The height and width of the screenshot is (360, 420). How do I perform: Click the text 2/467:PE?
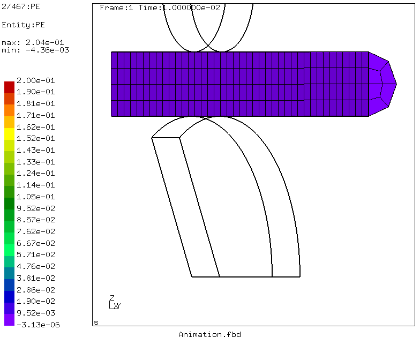point(21,6)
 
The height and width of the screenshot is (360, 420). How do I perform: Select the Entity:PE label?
point(24,25)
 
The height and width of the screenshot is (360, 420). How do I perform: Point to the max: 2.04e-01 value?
point(33,42)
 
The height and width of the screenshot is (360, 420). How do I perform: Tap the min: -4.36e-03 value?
point(35,50)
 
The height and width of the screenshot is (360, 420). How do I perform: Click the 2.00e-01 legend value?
point(35,80)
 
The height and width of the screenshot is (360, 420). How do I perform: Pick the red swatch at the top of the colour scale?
point(10,87)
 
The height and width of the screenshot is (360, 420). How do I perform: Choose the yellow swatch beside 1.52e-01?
point(10,134)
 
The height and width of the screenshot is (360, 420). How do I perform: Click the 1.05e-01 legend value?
point(35,197)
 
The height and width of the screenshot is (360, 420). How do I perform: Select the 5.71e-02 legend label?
point(35,254)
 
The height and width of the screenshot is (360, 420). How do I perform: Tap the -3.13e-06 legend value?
point(38,325)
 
